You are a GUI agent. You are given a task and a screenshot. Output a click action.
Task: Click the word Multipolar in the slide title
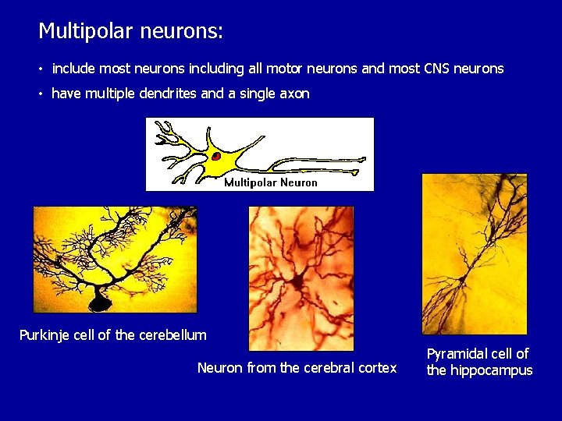[86, 31]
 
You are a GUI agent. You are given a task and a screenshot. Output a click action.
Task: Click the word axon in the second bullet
[294, 94]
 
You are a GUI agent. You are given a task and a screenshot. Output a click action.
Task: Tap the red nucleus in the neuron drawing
[216, 156]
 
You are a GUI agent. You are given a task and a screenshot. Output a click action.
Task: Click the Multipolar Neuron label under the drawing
[271, 182]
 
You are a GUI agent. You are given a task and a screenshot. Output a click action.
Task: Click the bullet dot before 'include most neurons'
[41, 69]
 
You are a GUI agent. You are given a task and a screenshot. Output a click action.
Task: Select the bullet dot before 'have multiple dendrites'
[41, 94]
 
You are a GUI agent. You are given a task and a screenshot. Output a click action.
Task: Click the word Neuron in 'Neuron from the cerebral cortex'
[220, 368]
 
